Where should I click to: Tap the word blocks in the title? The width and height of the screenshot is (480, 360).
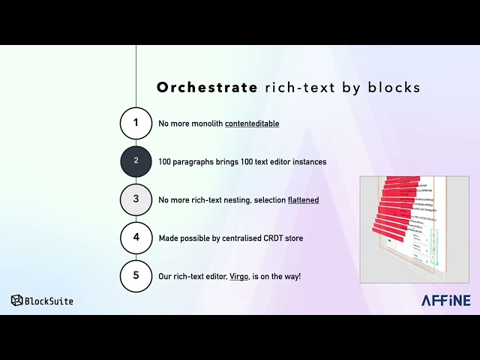pos(394,88)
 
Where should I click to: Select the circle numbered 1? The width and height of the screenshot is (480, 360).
pos(136,123)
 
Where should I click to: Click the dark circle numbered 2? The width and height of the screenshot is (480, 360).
pos(136,161)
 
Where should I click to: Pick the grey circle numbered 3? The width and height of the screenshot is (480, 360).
pos(136,199)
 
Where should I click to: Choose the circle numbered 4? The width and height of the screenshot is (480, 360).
pos(136,238)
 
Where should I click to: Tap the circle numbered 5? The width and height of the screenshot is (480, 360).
pos(136,276)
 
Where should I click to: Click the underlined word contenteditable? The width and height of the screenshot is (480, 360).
pos(252,123)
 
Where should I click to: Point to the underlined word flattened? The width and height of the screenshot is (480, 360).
pos(303,199)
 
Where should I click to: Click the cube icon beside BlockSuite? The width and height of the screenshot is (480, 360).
pos(16,300)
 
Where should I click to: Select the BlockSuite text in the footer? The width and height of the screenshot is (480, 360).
pos(49,301)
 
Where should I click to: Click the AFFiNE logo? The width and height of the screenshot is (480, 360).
pos(445,300)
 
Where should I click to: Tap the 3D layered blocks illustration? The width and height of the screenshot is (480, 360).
pos(414,229)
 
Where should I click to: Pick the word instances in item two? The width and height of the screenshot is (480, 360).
pos(307,161)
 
